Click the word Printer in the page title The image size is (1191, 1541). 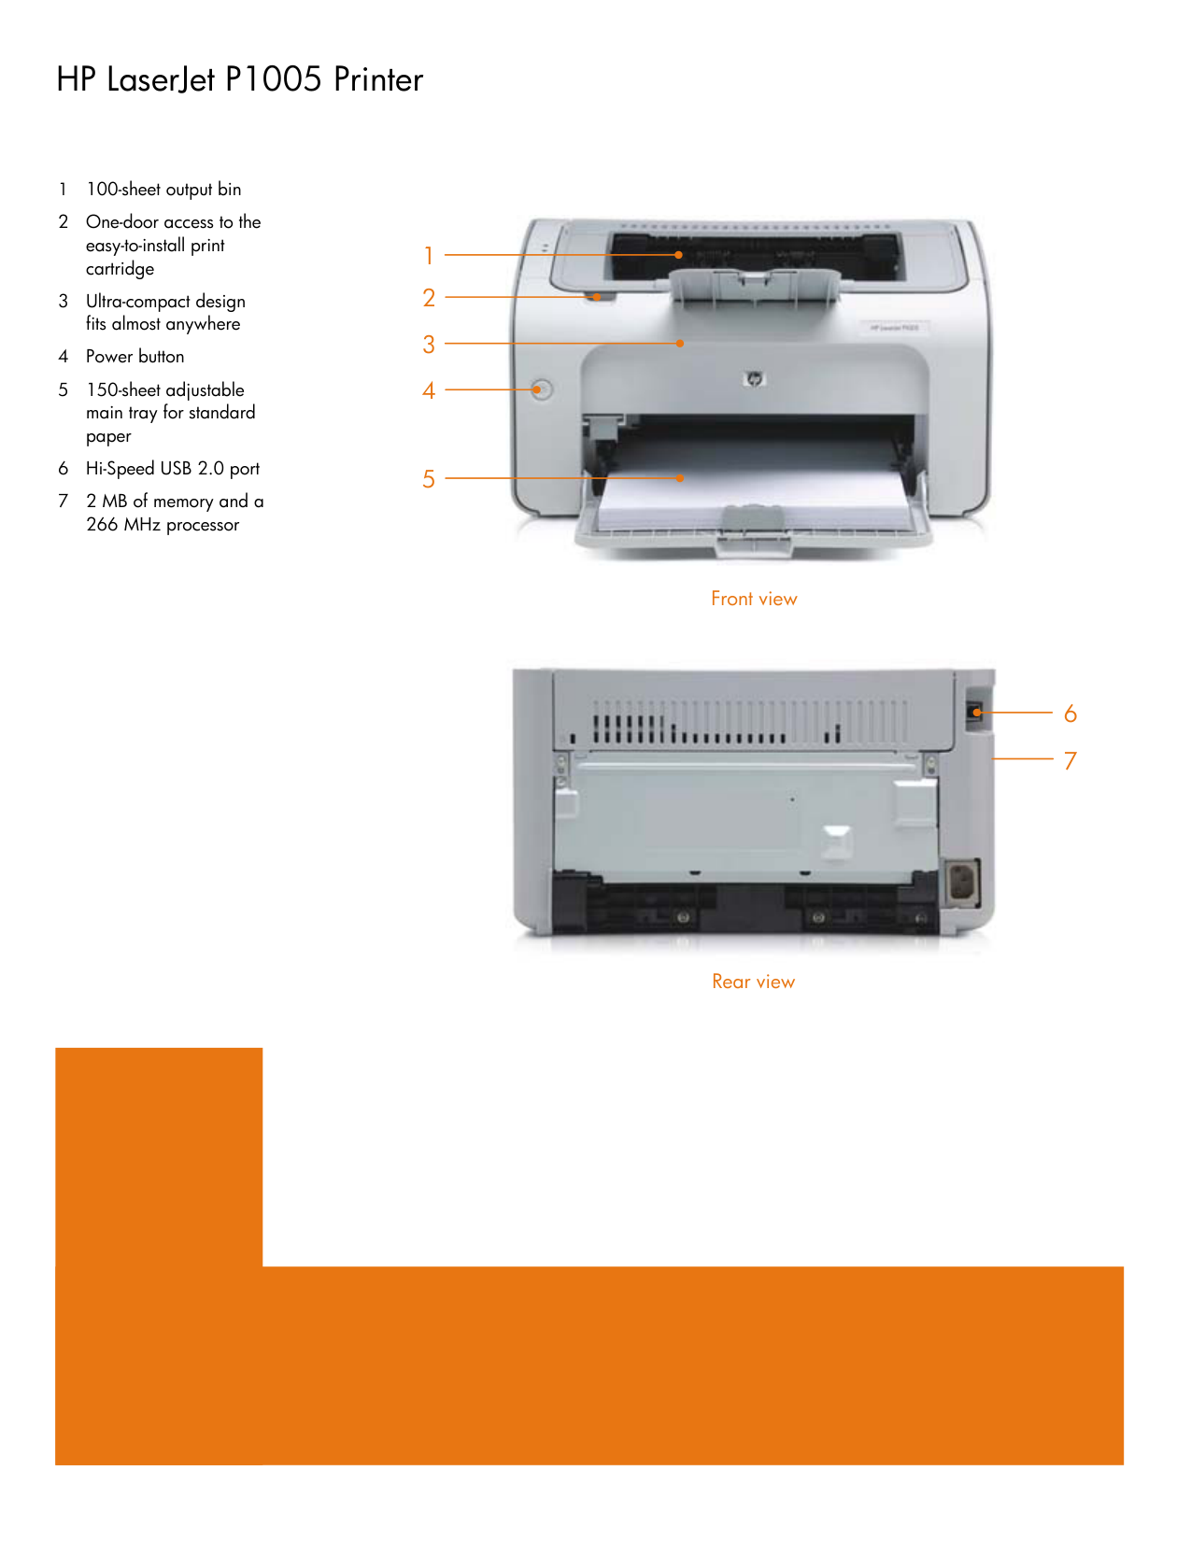pyautogui.click(x=379, y=79)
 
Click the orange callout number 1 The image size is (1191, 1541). pyautogui.click(x=429, y=255)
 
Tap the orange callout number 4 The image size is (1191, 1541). pyautogui.click(x=429, y=390)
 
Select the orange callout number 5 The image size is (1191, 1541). pyautogui.click(x=429, y=479)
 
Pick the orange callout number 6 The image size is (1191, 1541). pyautogui.click(x=1070, y=714)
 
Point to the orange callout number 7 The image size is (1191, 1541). pyautogui.click(x=1070, y=761)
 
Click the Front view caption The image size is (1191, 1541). pyautogui.click(x=754, y=599)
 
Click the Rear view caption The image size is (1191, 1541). pyautogui.click(x=753, y=982)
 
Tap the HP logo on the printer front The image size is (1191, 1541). pyautogui.click(x=754, y=379)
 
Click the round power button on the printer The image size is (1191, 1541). pyautogui.click(x=542, y=389)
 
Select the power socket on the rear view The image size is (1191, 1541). pyautogui.click(x=962, y=884)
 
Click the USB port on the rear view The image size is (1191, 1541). pyautogui.click(x=975, y=712)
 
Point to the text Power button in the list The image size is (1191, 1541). pyautogui.click(x=135, y=357)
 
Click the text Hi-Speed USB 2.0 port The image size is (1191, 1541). pyautogui.click(x=173, y=469)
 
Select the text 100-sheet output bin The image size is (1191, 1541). pyautogui.click(x=163, y=190)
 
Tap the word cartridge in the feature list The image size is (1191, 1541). pyautogui.click(x=120, y=270)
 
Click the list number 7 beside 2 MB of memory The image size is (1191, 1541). pyautogui.click(x=64, y=502)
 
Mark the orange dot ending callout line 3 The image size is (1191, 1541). pyautogui.click(x=679, y=344)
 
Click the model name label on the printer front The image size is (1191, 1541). pyautogui.click(x=894, y=328)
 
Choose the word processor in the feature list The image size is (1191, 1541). pyautogui.click(x=203, y=526)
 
